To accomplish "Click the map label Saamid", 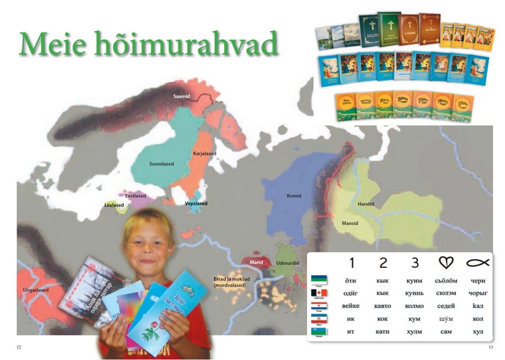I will click(182, 96).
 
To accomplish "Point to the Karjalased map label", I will click(205, 153).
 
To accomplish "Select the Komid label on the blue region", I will click(294, 196).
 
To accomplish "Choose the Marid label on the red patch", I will click(256, 262).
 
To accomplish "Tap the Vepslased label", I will click(196, 203).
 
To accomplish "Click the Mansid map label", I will click(349, 222).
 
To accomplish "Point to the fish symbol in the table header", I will click(477, 262).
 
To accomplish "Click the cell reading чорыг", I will click(477, 293).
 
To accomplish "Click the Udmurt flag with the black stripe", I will click(320, 293).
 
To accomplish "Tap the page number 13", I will click(491, 347).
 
